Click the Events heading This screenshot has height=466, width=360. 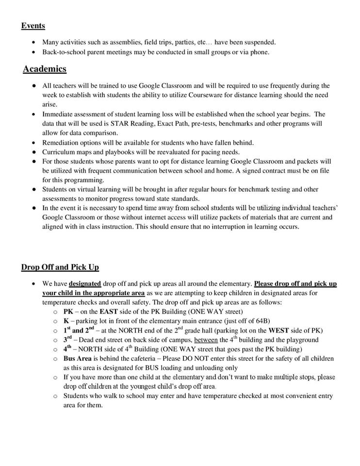(x=33, y=26)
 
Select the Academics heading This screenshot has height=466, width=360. (x=45, y=69)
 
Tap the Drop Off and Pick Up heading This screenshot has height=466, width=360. (x=60, y=267)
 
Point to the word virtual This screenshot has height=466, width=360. (x=83, y=189)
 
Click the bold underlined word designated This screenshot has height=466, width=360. (x=85, y=283)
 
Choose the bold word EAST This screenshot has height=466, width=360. (x=109, y=312)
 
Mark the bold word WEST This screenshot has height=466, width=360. (x=278, y=331)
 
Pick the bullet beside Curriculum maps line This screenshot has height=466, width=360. (x=33, y=152)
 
